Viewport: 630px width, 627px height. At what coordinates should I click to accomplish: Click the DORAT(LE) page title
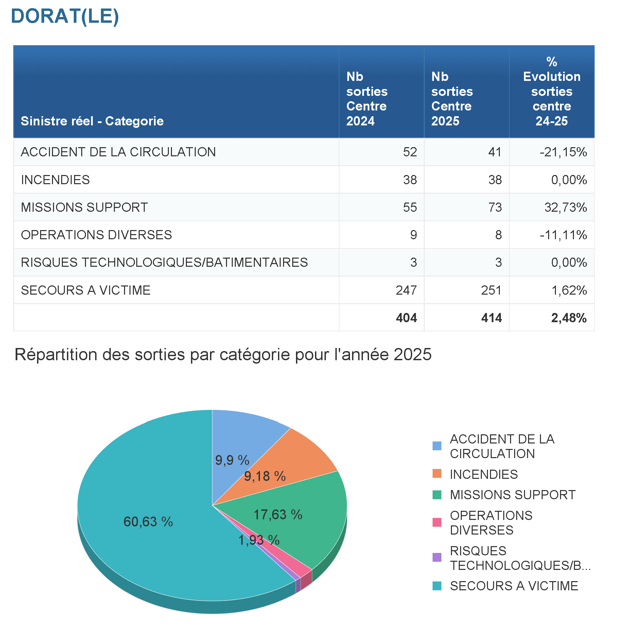[x=65, y=16]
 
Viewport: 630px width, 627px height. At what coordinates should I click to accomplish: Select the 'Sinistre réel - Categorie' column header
[x=92, y=121]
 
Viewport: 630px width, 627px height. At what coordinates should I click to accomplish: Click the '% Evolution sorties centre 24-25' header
[x=552, y=91]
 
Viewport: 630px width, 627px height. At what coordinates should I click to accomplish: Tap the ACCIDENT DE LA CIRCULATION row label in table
[x=118, y=152]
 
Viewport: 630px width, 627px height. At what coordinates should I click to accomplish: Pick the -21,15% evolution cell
[x=563, y=152]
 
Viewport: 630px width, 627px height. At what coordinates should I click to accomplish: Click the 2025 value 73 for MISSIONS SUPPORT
[x=495, y=207]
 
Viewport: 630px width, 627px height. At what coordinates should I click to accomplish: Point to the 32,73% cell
[x=565, y=207]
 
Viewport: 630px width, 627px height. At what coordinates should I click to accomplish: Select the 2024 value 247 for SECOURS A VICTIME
[x=406, y=290]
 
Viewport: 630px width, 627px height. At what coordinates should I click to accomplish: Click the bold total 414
[x=491, y=318]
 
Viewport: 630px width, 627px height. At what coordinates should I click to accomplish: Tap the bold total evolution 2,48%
[x=568, y=318]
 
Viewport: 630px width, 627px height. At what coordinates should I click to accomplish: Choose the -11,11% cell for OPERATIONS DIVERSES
[x=563, y=235]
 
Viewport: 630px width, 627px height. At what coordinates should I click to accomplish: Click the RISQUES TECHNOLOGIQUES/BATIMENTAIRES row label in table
[x=164, y=262]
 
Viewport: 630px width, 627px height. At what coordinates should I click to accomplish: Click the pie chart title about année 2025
[x=223, y=354]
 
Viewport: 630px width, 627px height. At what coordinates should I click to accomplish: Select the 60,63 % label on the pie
[x=148, y=522]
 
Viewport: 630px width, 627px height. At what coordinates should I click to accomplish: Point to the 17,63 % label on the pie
[x=278, y=515]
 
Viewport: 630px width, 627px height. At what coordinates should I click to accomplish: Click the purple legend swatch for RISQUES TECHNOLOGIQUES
[x=437, y=557]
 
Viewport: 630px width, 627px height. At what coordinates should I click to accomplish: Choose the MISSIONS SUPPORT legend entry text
[x=512, y=495]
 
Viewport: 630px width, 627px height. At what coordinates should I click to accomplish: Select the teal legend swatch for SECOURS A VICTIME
[x=437, y=586]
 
